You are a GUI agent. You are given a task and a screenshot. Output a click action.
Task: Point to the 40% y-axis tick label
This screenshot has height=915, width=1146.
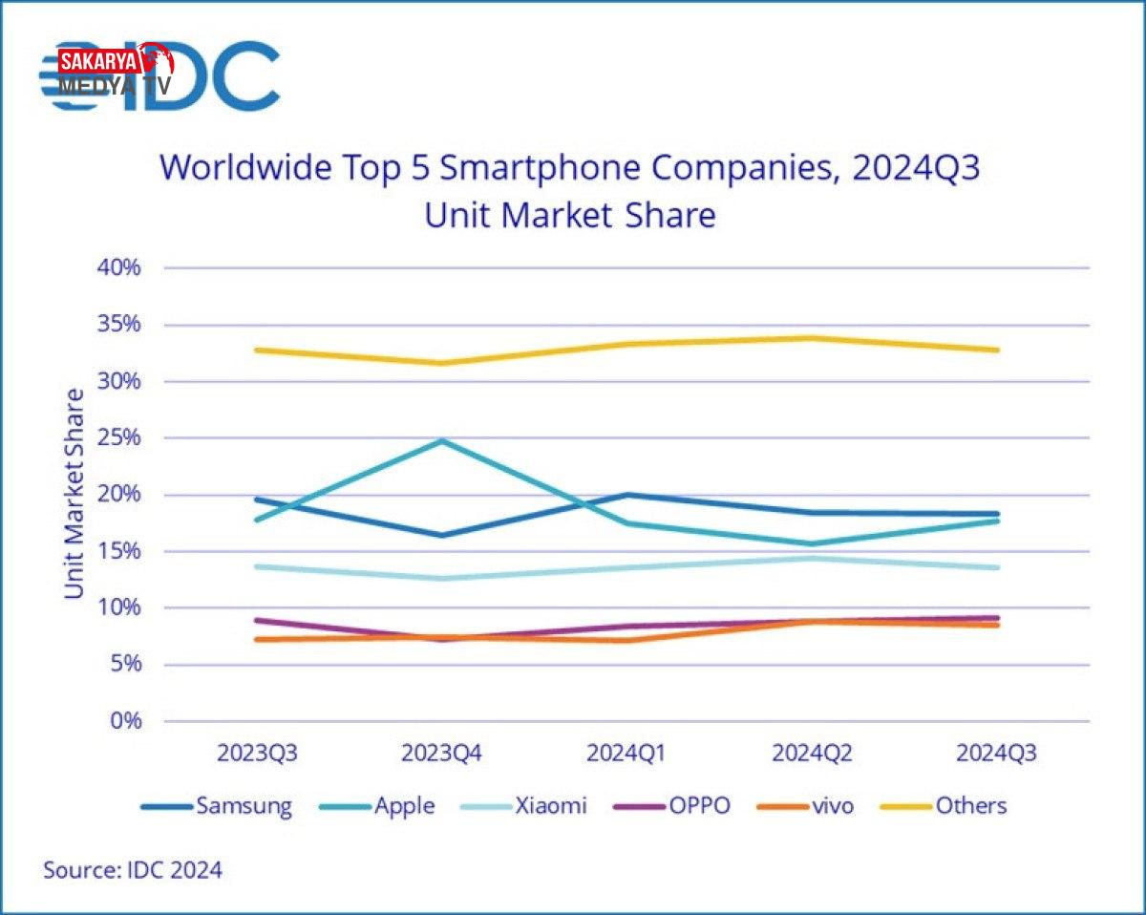[x=119, y=267]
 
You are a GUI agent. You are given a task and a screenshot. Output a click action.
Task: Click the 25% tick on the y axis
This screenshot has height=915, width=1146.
[x=119, y=437]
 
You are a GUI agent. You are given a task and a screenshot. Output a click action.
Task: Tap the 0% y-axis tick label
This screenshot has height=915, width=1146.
[x=124, y=721]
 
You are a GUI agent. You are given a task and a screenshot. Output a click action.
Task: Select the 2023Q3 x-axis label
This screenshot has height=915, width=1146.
[x=257, y=754]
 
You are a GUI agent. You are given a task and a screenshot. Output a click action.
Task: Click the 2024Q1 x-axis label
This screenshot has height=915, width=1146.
[x=626, y=754]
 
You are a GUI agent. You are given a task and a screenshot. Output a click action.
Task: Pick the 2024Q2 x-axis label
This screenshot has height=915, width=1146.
[x=812, y=754]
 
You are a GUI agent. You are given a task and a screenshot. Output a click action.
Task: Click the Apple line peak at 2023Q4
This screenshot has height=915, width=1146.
[x=442, y=440]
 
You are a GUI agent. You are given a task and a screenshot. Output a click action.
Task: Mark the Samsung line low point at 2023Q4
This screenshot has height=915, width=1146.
[x=442, y=535]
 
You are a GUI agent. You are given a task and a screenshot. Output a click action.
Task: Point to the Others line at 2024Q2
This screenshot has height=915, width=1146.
[x=812, y=337]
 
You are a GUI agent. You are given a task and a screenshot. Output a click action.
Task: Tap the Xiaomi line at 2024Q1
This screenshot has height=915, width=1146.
[x=626, y=567]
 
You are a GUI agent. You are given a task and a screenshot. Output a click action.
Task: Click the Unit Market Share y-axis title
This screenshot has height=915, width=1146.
[x=74, y=494]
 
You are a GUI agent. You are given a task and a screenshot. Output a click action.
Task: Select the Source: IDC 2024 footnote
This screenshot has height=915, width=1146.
[x=133, y=870]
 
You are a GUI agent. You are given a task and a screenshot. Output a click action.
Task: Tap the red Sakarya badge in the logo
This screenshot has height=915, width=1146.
[x=99, y=62]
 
